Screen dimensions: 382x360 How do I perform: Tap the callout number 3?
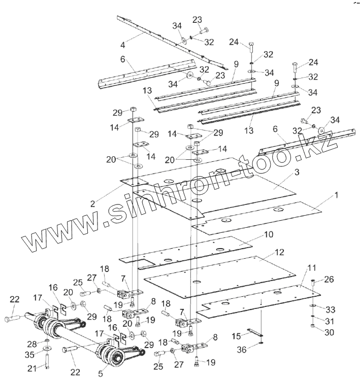297,172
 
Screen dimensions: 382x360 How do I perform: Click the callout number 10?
268,235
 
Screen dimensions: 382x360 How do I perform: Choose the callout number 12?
279,252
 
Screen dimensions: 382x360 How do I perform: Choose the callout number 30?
330,333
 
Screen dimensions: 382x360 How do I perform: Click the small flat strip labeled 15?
256,333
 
